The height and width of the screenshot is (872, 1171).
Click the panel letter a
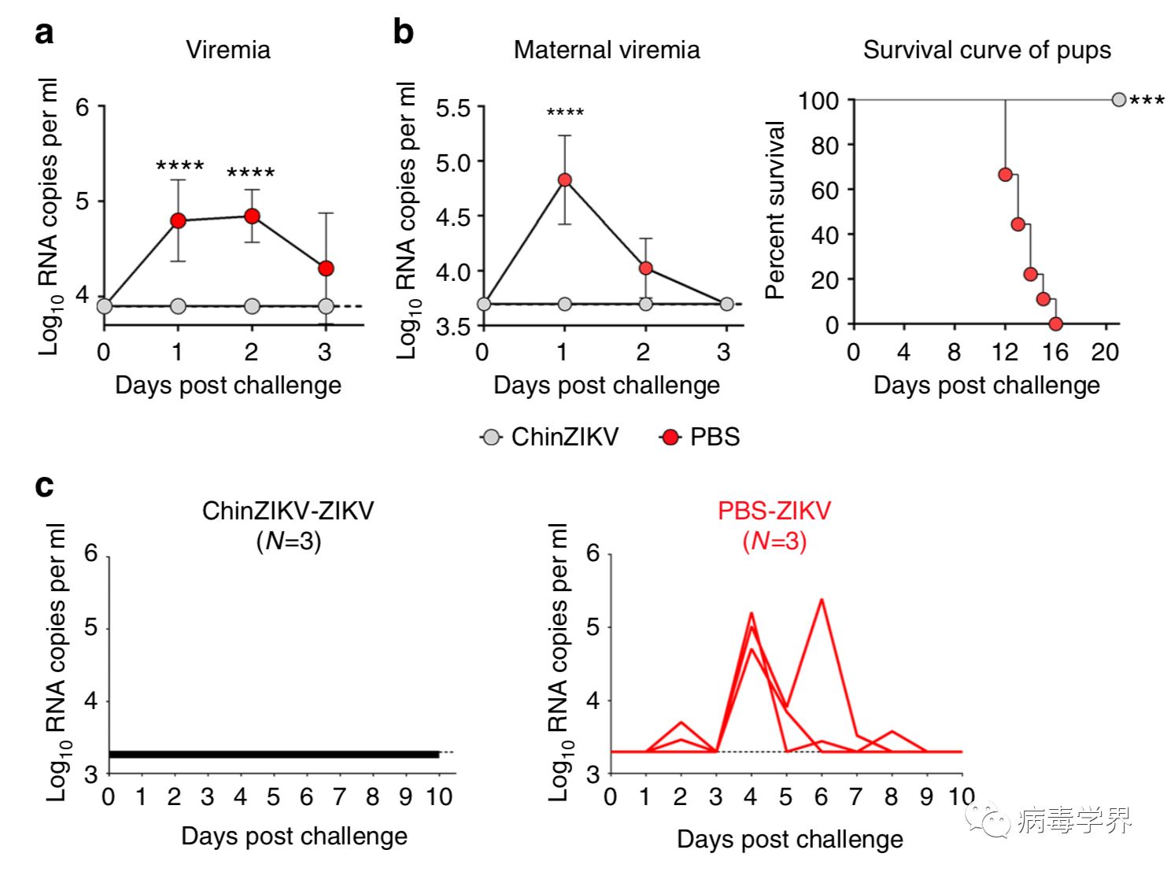click(45, 34)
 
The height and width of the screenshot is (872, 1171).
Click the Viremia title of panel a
click(227, 50)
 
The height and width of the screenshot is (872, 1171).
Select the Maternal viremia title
click(606, 50)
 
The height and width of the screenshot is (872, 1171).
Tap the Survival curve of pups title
click(986, 50)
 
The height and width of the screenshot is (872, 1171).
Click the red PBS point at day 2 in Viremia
click(252, 216)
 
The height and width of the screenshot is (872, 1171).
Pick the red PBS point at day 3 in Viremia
click(326, 268)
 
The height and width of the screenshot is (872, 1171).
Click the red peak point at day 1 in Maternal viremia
click(564, 179)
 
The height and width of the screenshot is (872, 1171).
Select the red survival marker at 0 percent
click(1055, 323)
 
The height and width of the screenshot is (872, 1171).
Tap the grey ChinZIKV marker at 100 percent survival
click(1118, 100)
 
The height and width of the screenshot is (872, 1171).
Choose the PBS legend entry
click(700, 437)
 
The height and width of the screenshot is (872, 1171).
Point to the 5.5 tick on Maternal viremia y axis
click(453, 108)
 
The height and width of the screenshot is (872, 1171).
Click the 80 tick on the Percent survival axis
click(825, 145)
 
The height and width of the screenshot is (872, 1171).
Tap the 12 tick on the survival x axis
click(1005, 352)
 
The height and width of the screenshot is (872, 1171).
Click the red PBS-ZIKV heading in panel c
click(774, 511)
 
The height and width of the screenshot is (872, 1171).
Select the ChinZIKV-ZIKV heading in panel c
click(288, 511)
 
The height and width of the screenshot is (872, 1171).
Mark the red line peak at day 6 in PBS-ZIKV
click(822, 600)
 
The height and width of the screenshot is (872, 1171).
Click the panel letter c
click(45, 486)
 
